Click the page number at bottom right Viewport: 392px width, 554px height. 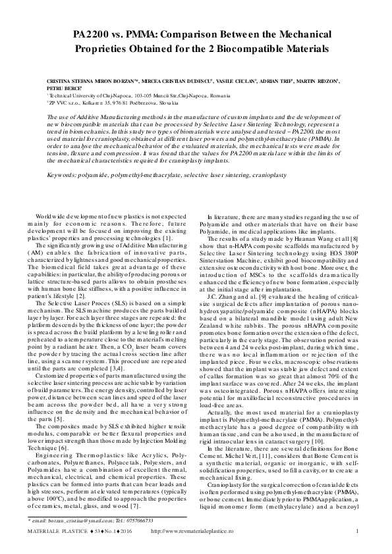tap(356, 532)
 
